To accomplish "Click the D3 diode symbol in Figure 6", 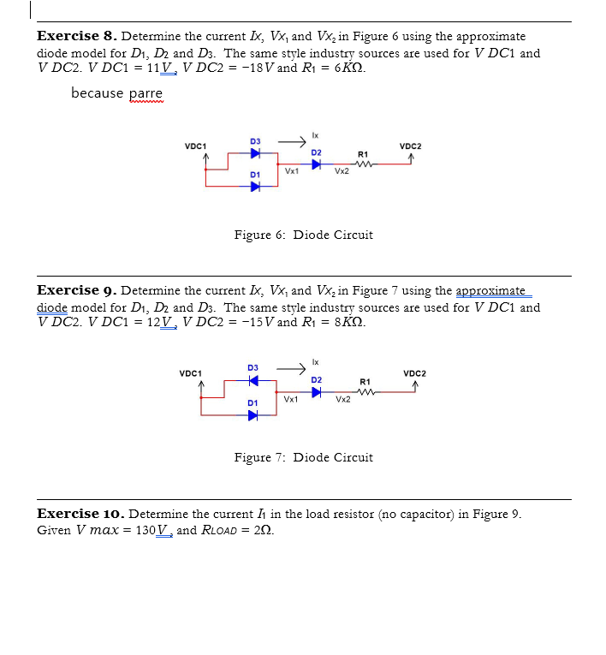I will pos(255,154).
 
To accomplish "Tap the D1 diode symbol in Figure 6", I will pos(255,188).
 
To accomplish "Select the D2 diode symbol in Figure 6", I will pos(317,165).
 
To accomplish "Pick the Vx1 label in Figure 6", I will pos(292,172).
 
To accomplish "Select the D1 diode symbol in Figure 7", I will pos(253,415).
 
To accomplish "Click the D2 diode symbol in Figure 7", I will pos(317,392).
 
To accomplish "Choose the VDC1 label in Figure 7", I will pos(191,373).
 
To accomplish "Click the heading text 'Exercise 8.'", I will pos(77,36).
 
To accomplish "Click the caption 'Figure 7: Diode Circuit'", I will pos(303,457).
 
